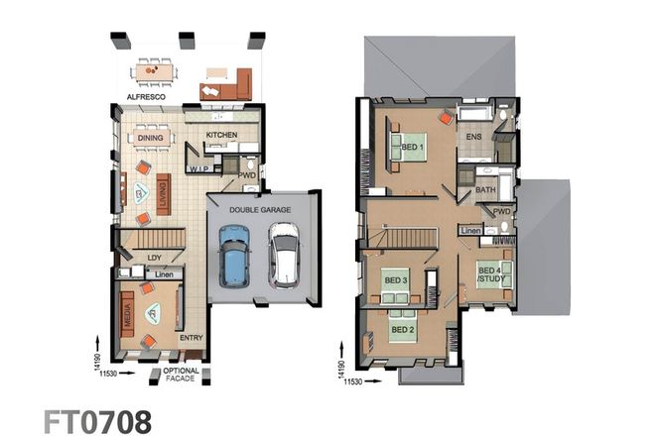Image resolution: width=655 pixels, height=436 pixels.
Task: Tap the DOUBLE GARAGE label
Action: pos(259,210)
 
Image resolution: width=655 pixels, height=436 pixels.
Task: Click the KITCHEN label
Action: pos(220,134)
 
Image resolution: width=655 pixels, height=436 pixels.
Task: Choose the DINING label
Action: pos(151,139)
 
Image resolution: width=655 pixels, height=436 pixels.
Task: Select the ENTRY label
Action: pos(191,338)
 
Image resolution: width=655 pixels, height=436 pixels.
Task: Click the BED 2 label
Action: pos(402,329)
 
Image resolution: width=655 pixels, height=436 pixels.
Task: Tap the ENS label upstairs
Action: pos(474,137)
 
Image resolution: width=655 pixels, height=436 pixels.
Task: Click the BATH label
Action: pos(485,189)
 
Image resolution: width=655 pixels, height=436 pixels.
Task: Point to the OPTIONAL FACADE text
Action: pos(181,376)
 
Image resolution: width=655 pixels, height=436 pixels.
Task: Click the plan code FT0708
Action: pos(97,420)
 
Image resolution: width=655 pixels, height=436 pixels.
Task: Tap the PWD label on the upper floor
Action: pos(501,211)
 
